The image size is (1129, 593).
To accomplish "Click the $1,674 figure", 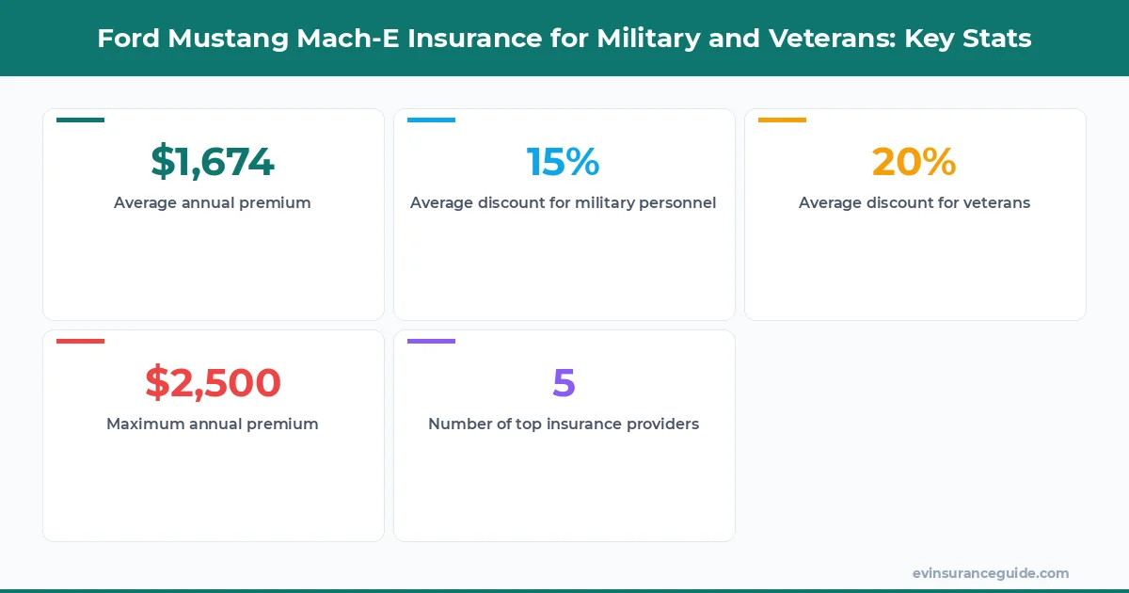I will coord(213,162).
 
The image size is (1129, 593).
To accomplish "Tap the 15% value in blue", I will coord(563,162).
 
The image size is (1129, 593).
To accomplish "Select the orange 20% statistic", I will coord(914,162).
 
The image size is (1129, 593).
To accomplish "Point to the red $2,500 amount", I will coord(213,383).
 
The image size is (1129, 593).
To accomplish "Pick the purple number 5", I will coord(564,383).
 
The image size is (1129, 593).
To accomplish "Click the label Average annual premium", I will coord(213,202).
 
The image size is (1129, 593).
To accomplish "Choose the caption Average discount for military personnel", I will coord(564,202).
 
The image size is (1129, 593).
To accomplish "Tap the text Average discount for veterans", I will coord(914,202).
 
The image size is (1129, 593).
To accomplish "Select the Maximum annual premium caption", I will coord(213,424).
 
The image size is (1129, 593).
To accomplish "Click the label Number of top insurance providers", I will coord(564,424).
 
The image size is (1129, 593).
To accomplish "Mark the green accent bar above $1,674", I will coord(80,120).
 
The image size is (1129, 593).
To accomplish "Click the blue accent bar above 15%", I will coord(431,120).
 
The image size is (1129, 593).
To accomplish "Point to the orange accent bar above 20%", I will coord(782,120).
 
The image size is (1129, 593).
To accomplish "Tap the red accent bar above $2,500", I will coord(80,342).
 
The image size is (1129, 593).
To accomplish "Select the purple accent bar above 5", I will coord(431,342).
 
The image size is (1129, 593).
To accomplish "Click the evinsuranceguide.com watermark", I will coord(990,572).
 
